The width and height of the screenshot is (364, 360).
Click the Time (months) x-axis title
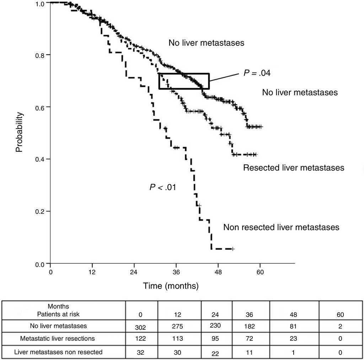coord(171,285)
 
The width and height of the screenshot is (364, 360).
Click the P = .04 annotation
coord(257,73)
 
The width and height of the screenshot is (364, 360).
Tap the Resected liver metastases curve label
coord(294,168)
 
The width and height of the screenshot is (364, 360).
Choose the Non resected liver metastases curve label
coord(281,227)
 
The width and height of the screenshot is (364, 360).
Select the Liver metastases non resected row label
coord(58,352)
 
